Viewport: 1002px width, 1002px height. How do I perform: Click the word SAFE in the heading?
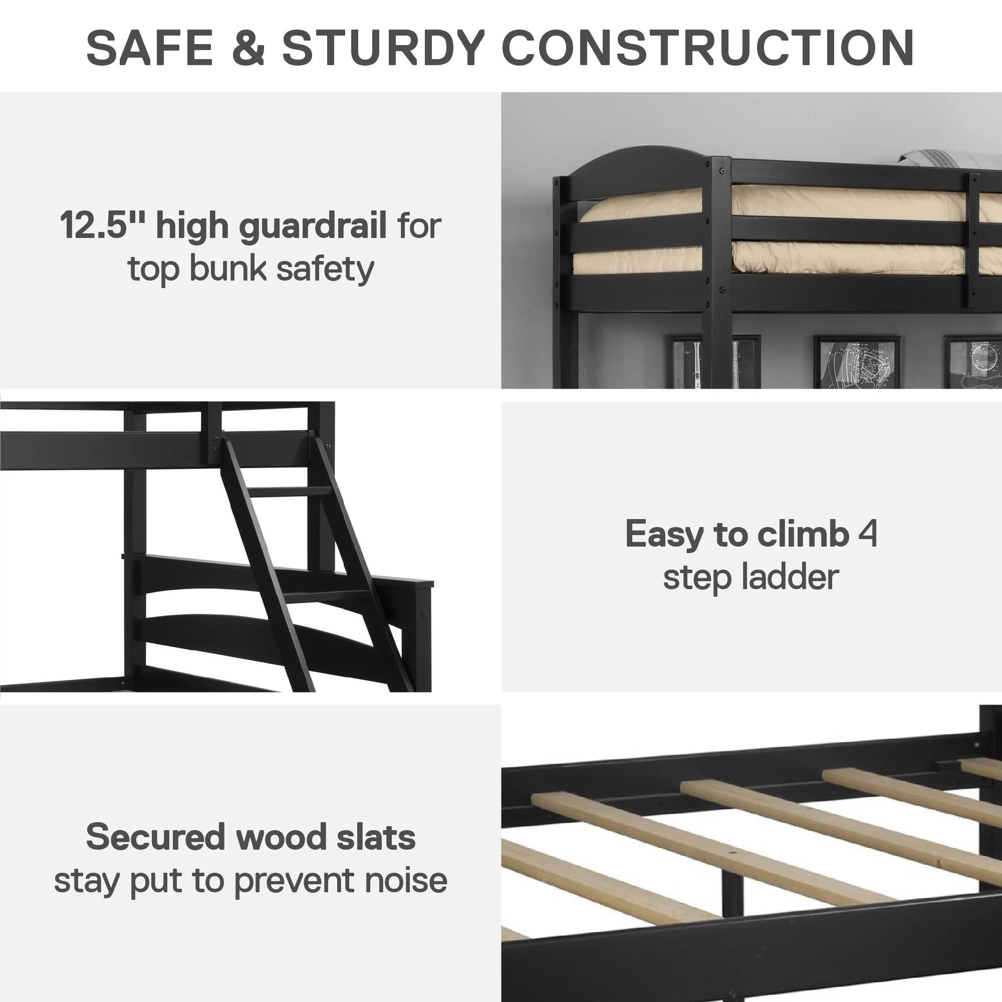pyautogui.click(x=150, y=48)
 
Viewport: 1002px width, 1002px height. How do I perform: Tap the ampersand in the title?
pyautogui.click(x=248, y=48)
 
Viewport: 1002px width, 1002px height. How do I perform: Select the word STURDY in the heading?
pyautogui.click(x=383, y=48)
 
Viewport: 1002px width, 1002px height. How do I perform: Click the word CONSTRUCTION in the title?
pyautogui.click(x=707, y=48)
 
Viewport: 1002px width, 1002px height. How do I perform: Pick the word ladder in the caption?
pyautogui.click(x=791, y=577)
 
